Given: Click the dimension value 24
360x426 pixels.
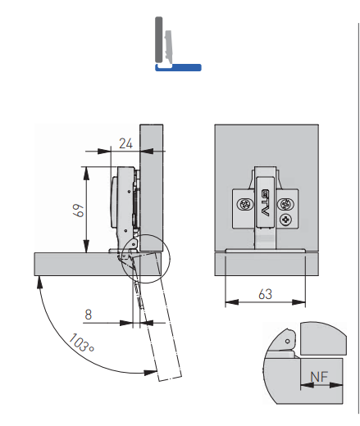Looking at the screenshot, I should point(125,143).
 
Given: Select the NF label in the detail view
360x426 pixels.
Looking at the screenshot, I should point(317,378).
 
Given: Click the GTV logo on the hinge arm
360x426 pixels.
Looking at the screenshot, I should point(265,201).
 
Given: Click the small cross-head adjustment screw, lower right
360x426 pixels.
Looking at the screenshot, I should point(285,220).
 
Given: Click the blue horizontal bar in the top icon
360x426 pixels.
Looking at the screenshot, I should point(178,69).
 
